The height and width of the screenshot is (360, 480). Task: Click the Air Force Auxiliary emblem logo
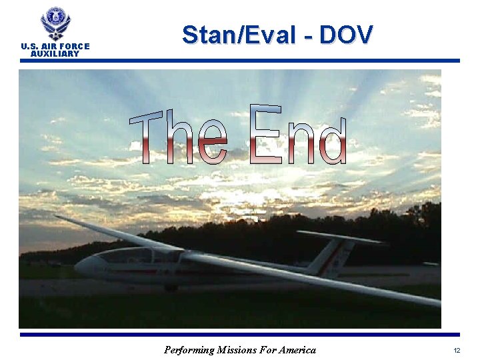pos(55,23)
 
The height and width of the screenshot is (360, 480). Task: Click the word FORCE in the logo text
pos(73,47)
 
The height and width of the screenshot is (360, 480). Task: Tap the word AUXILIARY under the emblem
pos(55,54)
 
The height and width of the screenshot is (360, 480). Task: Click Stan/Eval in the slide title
pos(237,35)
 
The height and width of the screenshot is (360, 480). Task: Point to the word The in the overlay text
pos(178,138)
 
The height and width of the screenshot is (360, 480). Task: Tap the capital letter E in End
pos(264,134)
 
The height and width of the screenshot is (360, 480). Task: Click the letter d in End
pos(332,140)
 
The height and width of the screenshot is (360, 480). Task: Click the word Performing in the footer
pos(189,350)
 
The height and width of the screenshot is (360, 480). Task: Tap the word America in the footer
pos(296,350)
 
